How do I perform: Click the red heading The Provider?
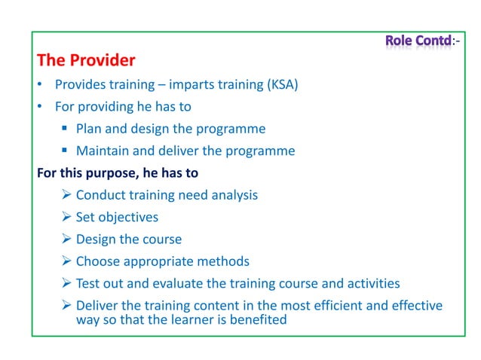click(86, 59)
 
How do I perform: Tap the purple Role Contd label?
click(418, 39)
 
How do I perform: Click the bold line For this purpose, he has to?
click(118, 173)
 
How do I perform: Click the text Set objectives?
click(117, 217)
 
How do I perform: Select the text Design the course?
click(129, 239)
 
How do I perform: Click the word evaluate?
click(183, 283)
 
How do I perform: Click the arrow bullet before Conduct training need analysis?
click(66, 195)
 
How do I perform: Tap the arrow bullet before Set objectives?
click(66, 217)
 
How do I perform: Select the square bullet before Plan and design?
click(66, 129)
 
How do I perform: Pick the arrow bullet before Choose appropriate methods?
click(66, 261)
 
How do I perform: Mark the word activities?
click(372, 283)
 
